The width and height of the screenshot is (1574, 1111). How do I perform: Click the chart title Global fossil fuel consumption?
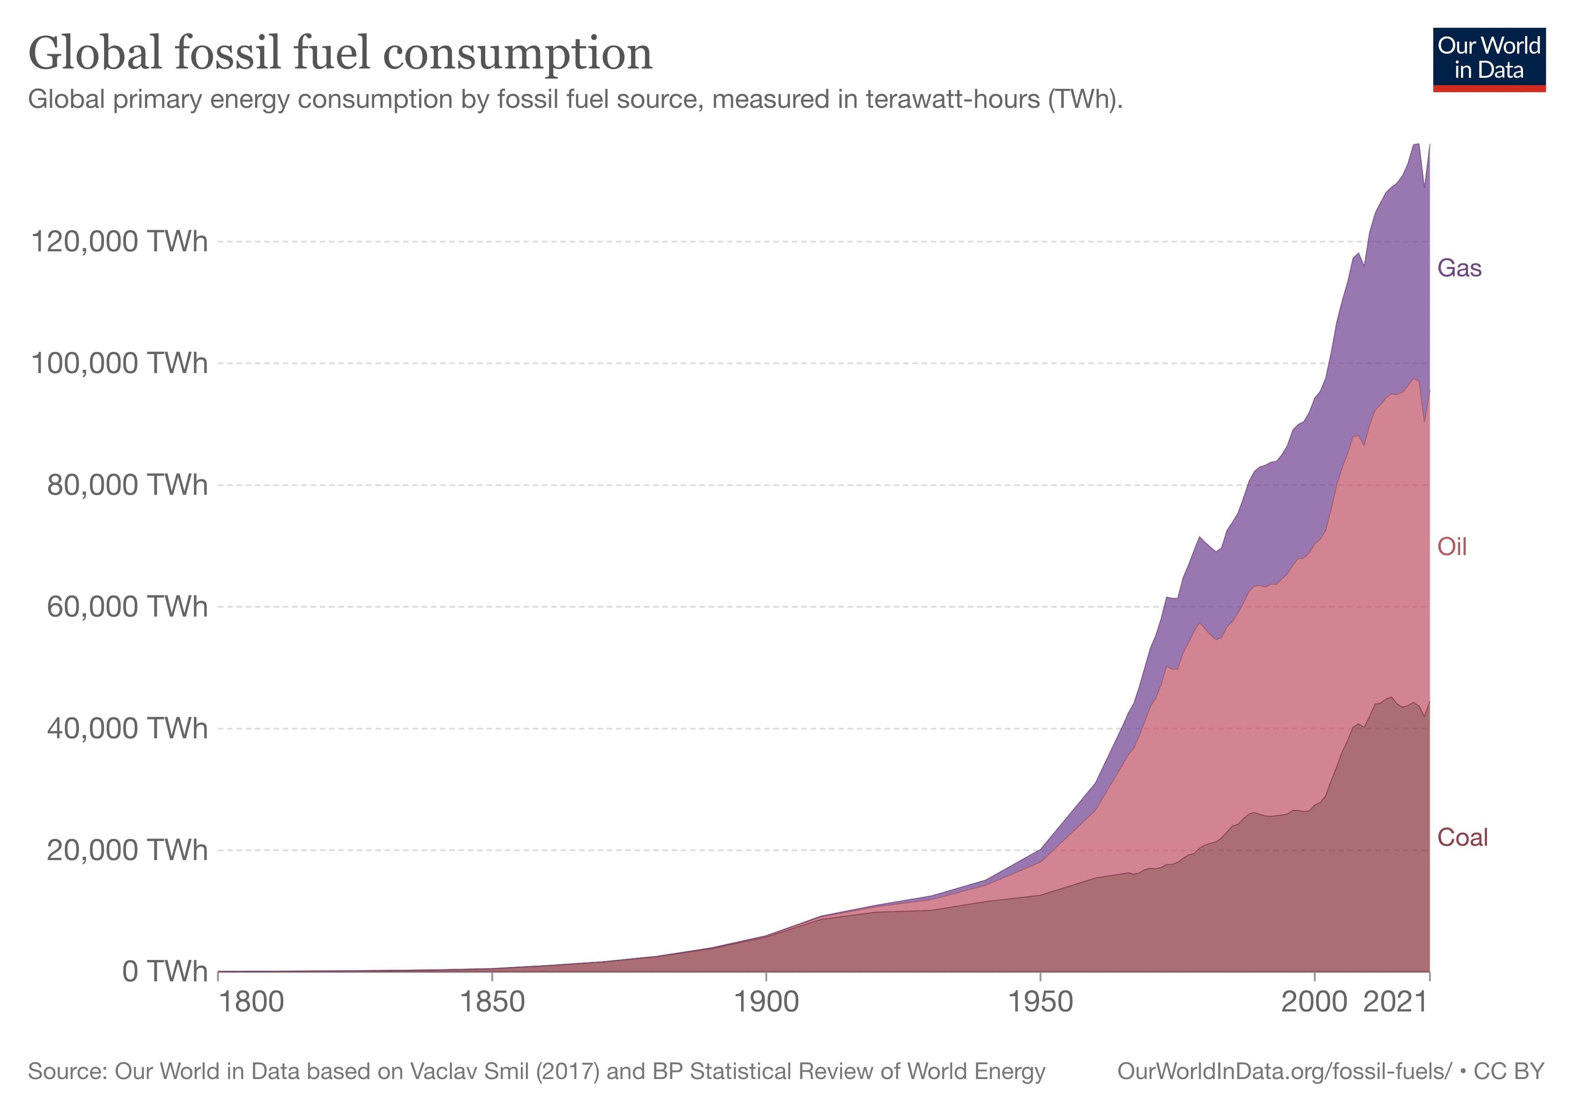click(340, 53)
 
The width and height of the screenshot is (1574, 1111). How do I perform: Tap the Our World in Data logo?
click(1488, 59)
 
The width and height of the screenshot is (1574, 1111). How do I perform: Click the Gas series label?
click(1459, 268)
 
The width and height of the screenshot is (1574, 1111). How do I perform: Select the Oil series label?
click(1451, 547)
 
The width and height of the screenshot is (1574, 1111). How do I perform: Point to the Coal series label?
click(1462, 837)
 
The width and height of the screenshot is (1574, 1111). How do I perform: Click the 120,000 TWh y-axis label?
click(119, 242)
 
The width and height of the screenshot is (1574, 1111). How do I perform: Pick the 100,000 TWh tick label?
click(119, 363)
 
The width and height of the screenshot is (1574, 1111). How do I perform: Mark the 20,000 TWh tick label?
click(127, 850)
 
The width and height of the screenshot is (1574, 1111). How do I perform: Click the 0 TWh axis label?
click(164, 972)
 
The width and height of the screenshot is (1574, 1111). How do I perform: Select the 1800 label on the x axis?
click(251, 1003)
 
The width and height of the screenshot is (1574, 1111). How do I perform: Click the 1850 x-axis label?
click(492, 1003)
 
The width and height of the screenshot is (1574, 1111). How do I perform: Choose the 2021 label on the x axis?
click(1395, 1003)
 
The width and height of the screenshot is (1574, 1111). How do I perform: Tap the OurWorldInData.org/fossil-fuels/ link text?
click(1284, 1071)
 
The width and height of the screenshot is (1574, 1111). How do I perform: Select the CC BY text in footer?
click(1509, 1071)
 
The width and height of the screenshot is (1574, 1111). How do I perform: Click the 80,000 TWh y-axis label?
click(127, 485)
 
